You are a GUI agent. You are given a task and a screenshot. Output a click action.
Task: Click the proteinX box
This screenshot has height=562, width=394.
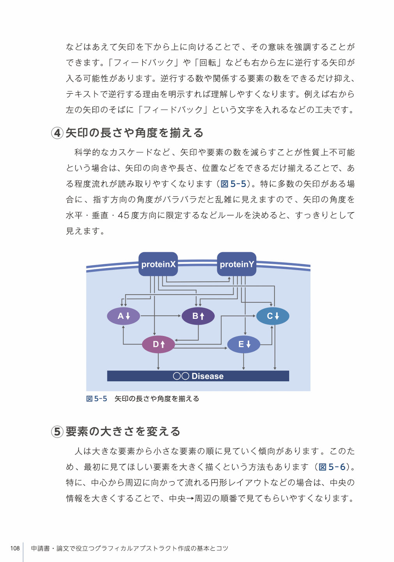tap(158, 264)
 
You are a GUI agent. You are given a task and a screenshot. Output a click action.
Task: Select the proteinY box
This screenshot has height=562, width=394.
tap(236, 264)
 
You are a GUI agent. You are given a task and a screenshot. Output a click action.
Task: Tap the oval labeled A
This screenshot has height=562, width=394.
tap(123, 316)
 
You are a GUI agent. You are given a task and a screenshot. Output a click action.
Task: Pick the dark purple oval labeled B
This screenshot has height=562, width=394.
tap(198, 316)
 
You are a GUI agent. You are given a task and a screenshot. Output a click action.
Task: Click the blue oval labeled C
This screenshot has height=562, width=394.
tap(273, 316)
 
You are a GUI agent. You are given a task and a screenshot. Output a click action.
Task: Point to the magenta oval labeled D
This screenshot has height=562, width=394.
tap(158, 344)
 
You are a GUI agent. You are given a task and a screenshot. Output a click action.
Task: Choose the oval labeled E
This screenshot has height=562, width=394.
tap(243, 344)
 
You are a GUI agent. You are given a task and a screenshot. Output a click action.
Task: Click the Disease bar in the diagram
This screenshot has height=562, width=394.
tap(198, 376)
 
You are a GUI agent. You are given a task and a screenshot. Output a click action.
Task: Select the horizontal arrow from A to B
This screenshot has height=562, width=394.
tap(161, 316)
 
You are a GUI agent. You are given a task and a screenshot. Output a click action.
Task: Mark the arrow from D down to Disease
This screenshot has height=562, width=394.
tap(158, 361)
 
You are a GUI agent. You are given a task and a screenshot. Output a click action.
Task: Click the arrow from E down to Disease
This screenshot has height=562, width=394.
tap(243, 361)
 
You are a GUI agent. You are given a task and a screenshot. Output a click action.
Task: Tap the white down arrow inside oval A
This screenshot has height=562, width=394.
tap(128, 316)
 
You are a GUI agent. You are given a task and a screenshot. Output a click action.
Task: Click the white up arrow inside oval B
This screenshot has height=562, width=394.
tap(202, 316)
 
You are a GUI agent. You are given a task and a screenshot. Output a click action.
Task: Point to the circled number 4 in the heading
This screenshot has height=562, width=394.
tap(57, 133)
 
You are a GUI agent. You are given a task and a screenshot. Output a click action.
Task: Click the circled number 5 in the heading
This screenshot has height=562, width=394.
tap(57, 432)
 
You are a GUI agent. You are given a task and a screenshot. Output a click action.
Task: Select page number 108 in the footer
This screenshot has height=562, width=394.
tap(15, 548)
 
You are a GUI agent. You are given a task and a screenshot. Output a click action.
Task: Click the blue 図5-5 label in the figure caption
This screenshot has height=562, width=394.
tap(97, 398)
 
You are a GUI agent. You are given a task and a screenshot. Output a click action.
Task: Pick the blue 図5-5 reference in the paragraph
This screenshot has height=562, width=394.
tap(233, 184)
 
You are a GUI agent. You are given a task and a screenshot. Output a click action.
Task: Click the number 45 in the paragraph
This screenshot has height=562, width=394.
tap(123, 215)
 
